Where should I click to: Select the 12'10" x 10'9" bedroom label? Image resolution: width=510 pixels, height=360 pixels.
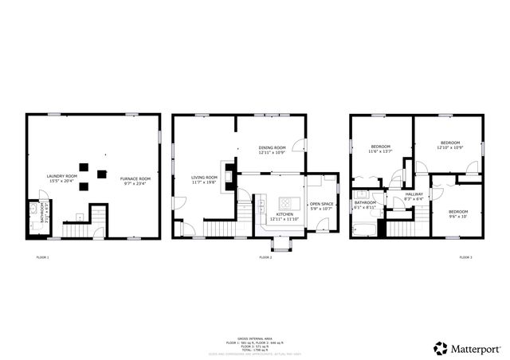point(449,145)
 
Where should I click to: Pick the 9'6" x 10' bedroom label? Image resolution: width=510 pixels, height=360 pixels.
point(457,213)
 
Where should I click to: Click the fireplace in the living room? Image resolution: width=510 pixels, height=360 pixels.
point(229,174)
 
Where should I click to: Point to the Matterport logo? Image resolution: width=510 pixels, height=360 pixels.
point(467,348)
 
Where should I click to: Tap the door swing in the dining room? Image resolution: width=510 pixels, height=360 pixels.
point(298,146)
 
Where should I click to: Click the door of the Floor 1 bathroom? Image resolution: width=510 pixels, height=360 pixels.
point(45,195)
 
